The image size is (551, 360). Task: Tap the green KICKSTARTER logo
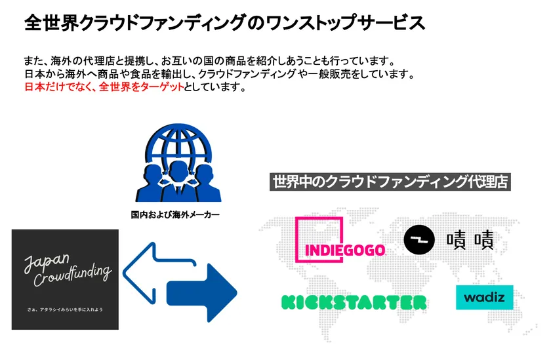click(x=354, y=302)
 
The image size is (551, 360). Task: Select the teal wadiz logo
click(x=484, y=298)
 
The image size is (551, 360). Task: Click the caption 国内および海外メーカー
click(x=175, y=214)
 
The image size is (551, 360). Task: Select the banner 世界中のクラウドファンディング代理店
click(x=390, y=182)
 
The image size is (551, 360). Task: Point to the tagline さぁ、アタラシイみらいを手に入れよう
click(x=65, y=308)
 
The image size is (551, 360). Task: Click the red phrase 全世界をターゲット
click(x=139, y=88)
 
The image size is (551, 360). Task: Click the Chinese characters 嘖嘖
click(x=470, y=240)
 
